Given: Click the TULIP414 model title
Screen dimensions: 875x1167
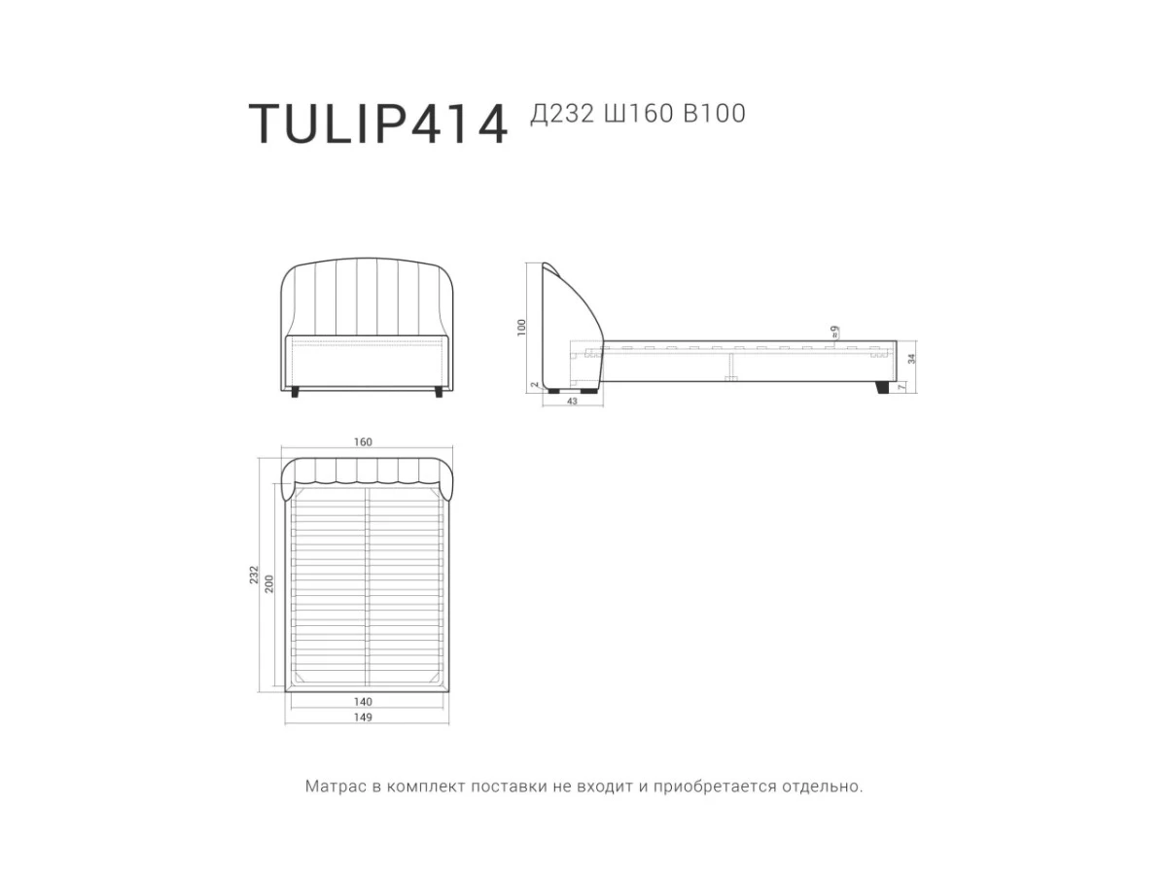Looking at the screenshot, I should [x=378, y=123].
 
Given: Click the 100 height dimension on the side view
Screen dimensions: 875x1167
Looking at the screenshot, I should [x=521, y=328].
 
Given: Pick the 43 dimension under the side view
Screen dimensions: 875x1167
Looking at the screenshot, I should [x=572, y=402].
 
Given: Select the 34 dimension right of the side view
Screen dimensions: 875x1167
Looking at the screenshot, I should [x=911, y=358].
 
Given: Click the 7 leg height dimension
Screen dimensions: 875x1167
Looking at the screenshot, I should [x=902, y=387].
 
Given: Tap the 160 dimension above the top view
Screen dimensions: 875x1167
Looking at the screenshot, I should [x=363, y=442].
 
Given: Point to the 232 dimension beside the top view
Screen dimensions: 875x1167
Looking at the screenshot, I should [x=255, y=575].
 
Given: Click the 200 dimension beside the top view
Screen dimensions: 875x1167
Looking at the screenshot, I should [x=270, y=583].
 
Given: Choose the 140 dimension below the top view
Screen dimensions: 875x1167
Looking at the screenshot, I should [x=363, y=701].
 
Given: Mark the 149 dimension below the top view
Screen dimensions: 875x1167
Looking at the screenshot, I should [x=363, y=717].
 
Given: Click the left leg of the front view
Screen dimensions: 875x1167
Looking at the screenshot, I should [x=296, y=392].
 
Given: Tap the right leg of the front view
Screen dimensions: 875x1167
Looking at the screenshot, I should [x=440, y=392].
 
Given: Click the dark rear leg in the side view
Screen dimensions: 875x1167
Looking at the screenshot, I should [x=882, y=388].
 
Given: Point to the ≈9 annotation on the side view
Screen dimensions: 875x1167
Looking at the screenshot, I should [x=834, y=332].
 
